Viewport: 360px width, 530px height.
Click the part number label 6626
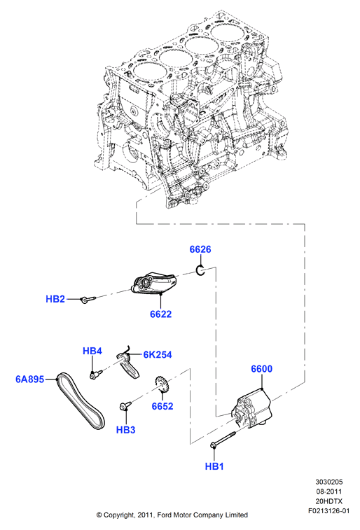[200, 249]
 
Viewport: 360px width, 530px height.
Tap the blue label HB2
[55, 299]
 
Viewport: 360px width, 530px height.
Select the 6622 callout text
[161, 314]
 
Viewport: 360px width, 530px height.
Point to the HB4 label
[92, 351]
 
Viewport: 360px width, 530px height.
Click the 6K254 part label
[158, 354]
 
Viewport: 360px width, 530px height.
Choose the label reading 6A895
[29, 379]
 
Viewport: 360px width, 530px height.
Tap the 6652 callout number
[162, 406]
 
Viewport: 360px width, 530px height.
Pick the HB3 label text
[126, 430]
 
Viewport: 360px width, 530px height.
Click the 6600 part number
[262, 369]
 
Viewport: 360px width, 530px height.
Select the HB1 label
[214, 466]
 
